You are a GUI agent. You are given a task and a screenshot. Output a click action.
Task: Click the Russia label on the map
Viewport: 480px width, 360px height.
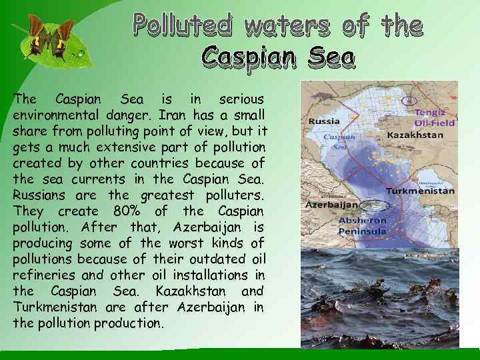[323, 122]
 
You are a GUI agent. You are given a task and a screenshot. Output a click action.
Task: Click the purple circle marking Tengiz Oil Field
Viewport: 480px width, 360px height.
[409, 101]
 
